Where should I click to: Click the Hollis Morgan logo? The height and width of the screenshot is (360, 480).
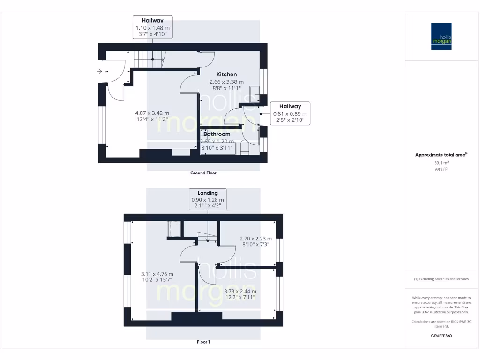click(441, 36)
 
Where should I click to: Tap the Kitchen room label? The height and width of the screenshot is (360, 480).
click(226, 75)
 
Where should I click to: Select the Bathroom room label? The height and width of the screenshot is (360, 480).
click(217, 134)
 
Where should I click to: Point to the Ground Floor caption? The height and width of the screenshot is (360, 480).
click(203, 173)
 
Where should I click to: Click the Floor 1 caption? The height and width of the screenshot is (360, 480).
click(203, 342)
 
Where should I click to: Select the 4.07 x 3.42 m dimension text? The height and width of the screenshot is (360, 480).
click(152, 113)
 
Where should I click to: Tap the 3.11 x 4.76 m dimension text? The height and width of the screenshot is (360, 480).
click(157, 274)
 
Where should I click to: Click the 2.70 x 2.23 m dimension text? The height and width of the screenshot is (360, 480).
click(255, 238)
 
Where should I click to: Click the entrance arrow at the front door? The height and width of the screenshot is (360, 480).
click(99, 72)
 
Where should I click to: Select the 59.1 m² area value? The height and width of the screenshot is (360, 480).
click(441, 163)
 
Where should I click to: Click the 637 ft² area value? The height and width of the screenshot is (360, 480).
click(441, 170)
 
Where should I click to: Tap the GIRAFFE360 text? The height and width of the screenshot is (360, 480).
click(441, 336)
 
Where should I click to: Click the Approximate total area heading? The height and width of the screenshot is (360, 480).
click(441, 155)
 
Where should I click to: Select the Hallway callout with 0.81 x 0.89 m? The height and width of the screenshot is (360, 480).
click(291, 113)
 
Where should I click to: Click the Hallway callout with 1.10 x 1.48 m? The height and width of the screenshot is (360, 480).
click(152, 27)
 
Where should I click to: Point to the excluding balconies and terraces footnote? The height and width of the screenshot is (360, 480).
click(441, 279)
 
